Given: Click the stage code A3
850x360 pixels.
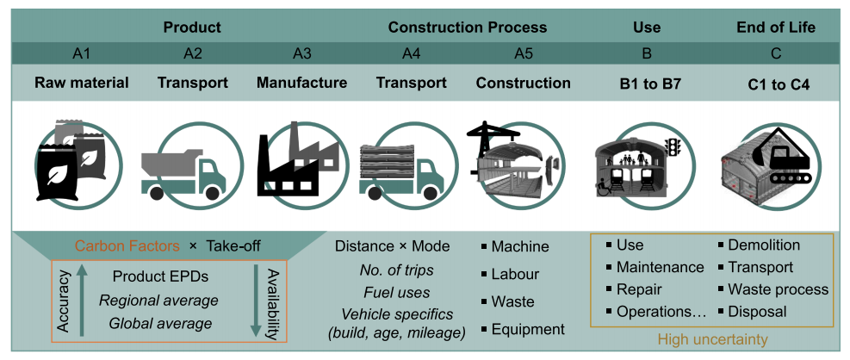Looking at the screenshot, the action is tap(302, 53).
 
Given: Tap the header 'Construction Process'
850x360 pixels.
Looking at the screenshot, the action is tap(468, 28).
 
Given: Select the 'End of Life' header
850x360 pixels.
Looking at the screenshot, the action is tap(776, 28).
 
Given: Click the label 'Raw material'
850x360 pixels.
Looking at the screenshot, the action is tap(82, 83).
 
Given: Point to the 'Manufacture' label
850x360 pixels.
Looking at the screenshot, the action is tap(302, 83).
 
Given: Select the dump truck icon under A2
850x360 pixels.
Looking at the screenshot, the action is tap(183, 174).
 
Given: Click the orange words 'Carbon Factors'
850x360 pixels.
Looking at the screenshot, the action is tap(127, 246).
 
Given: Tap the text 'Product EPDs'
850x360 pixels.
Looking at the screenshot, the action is tap(160, 276).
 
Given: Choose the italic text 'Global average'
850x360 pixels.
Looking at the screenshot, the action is tap(160, 324).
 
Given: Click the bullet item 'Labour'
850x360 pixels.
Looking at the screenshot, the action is tap(510, 274).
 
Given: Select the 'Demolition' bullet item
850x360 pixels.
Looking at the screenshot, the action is tap(759, 245).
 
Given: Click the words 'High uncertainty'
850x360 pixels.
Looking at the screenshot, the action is tap(712, 340).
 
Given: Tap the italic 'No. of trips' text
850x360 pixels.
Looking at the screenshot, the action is tap(397, 270).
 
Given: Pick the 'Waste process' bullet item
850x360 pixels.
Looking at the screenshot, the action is tap(773, 289).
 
